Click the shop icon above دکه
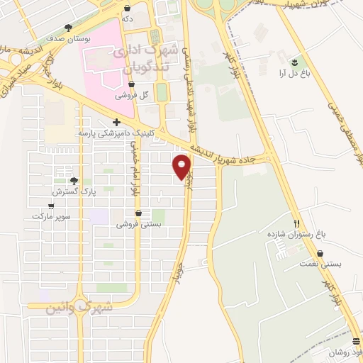[127, 9]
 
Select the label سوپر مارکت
[48, 215]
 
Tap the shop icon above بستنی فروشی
[138, 213]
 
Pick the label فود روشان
[346, 352]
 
